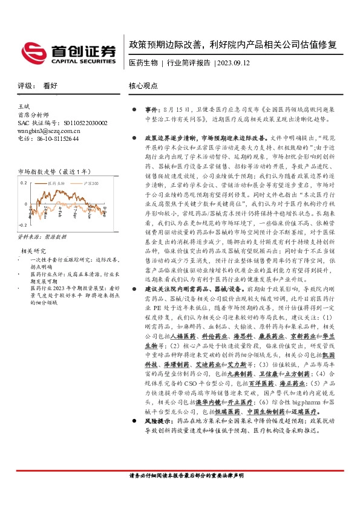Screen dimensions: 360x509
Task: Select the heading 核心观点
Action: (x=143, y=86)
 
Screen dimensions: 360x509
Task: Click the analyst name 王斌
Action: (x=24, y=107)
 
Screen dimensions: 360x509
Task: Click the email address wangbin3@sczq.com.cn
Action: (x=49, y=130)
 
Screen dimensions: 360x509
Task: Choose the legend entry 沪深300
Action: (x=91, y=182)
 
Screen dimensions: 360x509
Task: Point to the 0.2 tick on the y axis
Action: (x=24, y=182)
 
